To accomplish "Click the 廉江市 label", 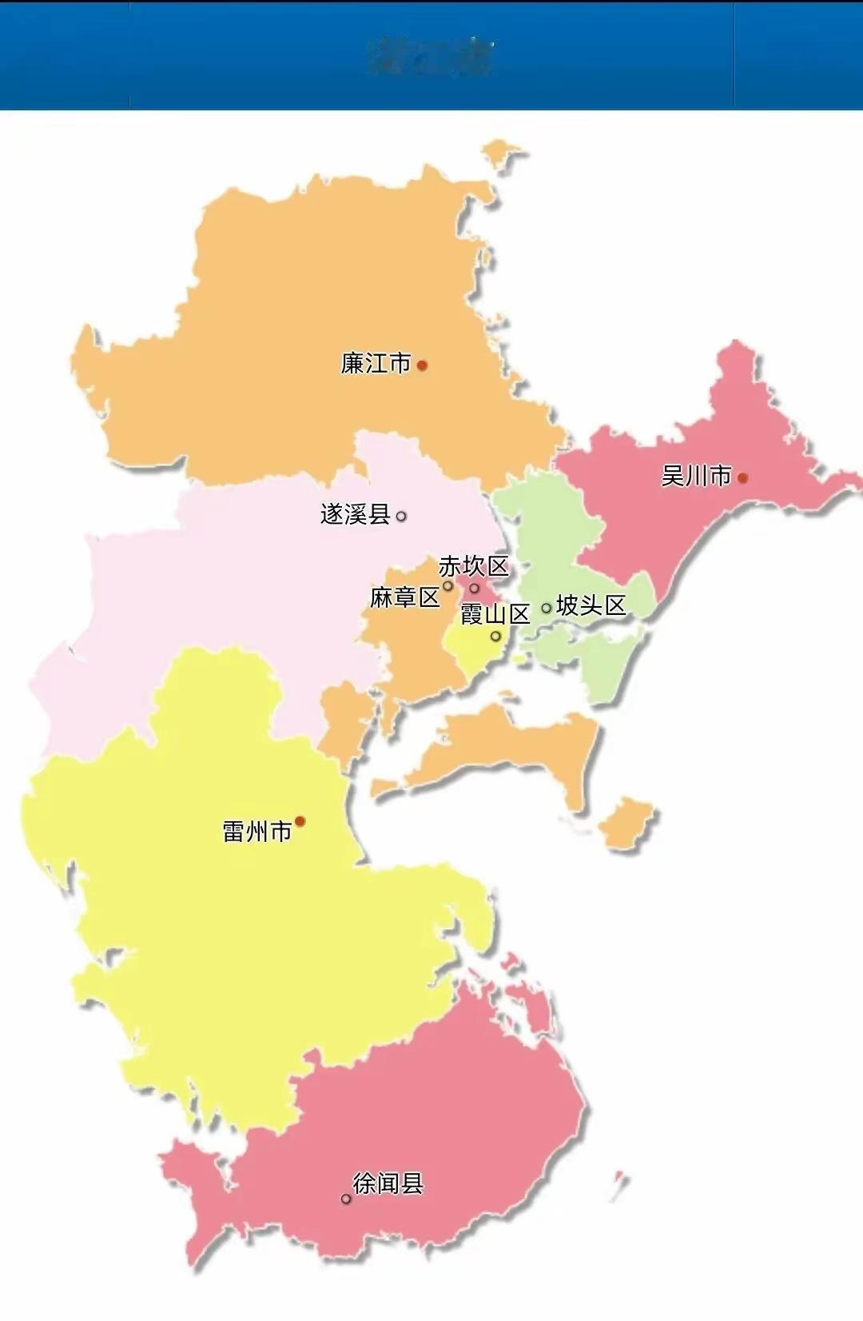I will (x=375, y=364).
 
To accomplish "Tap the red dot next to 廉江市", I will (x=422, y=365).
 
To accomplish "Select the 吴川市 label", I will (x=695, y=477).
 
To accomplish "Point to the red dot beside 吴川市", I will (x=742, y=478).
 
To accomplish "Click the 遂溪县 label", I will (x=355, y=514).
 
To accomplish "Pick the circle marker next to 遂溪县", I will (x=401, y=517).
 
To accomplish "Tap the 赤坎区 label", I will (x=473, y=567).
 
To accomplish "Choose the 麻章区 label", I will (x=404, y=597).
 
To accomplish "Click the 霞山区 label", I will (x=495, y=614).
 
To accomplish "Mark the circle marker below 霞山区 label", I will (x=495, y=637).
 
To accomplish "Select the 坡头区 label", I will (x=591, y=606).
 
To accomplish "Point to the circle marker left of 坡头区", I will (x=547, y=608).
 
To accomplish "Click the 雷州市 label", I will (x=257, y=832).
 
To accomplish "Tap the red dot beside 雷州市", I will (x=300, y=821).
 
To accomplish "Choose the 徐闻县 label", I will (x=388, y=1183).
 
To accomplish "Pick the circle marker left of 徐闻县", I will (x=346, y=1199).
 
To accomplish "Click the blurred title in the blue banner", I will (x=431, y=55).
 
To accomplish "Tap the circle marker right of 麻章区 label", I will (x=448, y=586).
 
